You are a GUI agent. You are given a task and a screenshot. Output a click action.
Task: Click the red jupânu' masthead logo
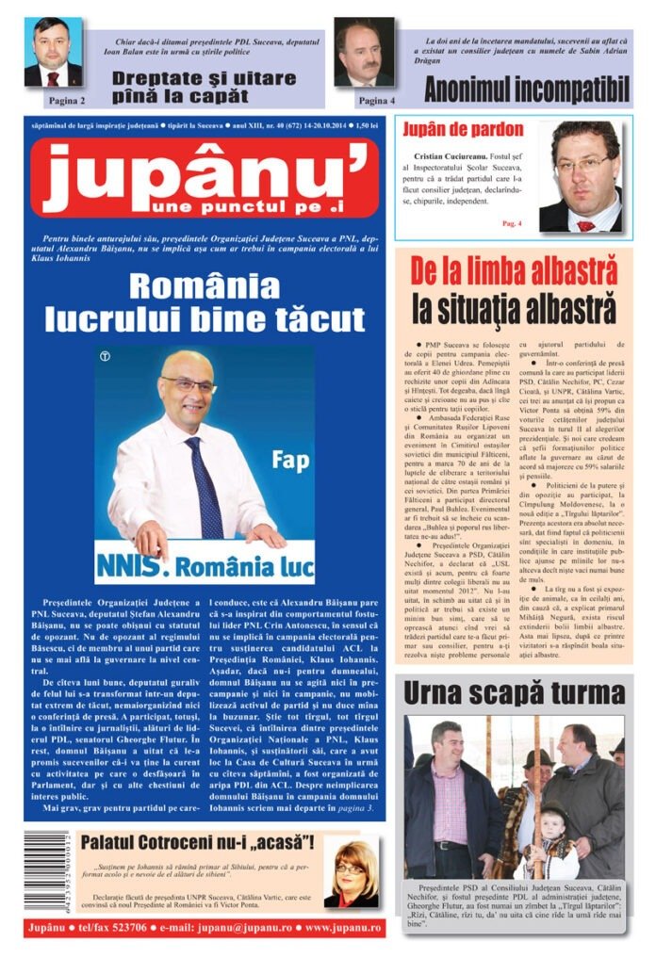(x=204, y=178)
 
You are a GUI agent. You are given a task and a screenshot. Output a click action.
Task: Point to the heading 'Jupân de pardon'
(x=463, y=129)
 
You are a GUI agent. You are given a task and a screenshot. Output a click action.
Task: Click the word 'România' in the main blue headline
(x=204, y=284)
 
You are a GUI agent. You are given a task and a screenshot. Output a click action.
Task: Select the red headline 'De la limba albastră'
(x=514, y=271)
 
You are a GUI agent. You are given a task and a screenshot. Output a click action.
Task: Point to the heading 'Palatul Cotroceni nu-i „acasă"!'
(x=197, y=843)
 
